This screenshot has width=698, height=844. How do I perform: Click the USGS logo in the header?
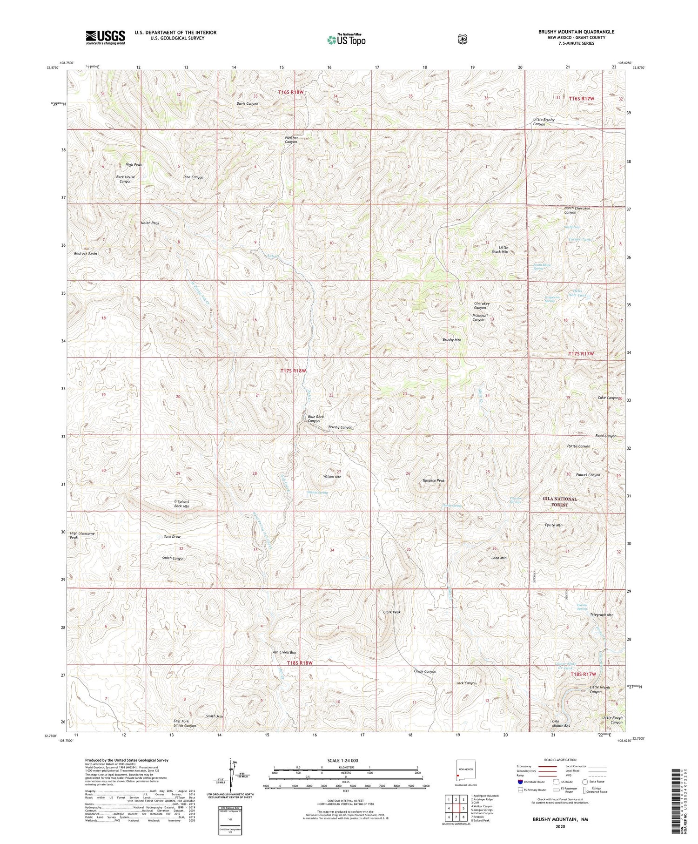pos(105,37)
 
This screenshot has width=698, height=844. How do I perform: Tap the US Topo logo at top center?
pos(346,40)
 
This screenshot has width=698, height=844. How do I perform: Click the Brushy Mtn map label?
pos(451,340)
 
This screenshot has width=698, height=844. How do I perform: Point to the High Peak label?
pos(134,165)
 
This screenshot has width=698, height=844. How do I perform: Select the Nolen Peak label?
pos(150,223)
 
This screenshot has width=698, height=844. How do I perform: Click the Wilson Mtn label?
pos(332,477)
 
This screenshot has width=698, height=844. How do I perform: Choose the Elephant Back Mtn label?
pos(181,504)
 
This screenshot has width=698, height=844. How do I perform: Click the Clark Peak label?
pos(392,612)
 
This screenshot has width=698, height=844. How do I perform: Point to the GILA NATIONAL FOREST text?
pos(559,501)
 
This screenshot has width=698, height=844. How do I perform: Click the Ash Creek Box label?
pos(284,652)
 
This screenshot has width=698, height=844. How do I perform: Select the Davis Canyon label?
pos(247,104)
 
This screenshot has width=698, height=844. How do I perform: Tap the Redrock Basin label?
pos(86,254)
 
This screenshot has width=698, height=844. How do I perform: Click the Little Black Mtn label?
pos(503,250)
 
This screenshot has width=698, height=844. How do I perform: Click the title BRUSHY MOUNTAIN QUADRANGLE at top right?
pos(576,32)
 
